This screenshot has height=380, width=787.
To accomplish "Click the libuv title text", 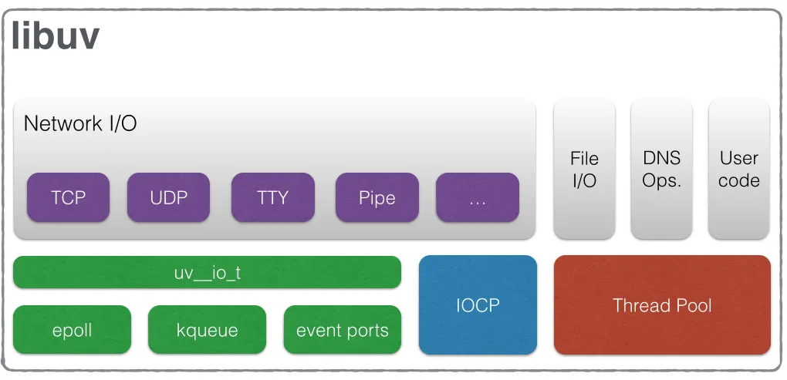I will pyautogui.click(x=55, y=35).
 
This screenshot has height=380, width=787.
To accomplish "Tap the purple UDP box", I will pyautogui.click(x=168, y=197).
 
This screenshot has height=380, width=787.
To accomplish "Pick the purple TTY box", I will pyautogui.click(x=272, y=197).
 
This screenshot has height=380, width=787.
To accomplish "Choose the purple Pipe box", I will pyautogui.click(x=377, y=197).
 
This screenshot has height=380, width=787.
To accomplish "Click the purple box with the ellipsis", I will pyautogui.click(x=477, y=197).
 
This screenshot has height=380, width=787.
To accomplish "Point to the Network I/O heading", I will pyautogui.click(x=80, y=123).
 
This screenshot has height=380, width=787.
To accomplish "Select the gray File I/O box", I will pyautogui.click(x=584, y=169).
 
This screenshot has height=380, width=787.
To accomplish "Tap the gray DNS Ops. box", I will pyautogui.click(x=661, y=169).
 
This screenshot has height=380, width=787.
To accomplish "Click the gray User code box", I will pyautogui.click(x=738, y=169).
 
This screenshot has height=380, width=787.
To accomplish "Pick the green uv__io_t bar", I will pyautogui.click(x=207, y=272).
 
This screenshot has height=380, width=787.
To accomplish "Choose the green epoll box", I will pyautogui.click(x=72, y=330).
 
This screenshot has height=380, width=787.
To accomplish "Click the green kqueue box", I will pyautogui.click(x=207, y=330).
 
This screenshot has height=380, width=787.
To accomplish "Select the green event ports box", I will pyautogui.click(x=342, y=330).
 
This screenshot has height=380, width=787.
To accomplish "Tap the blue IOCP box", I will pyautogui.click(x=477, y=304).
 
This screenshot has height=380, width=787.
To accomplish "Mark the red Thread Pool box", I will pyautogui.click(x=661, y=305).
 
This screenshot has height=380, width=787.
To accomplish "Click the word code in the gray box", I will pyautogui.click(x=738, y=181).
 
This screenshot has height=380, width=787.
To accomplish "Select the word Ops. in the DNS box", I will pyautogui.click(x=661, y=181).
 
